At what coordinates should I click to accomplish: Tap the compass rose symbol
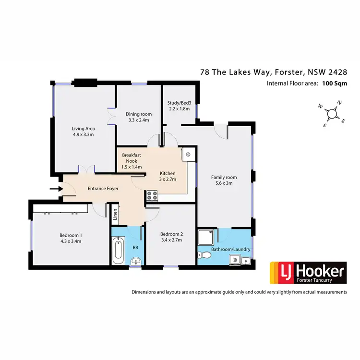[332, 114]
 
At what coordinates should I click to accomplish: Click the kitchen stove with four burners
[152, 195]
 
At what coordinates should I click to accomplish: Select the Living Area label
[83, 128]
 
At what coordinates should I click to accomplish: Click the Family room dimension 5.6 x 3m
[224, 183]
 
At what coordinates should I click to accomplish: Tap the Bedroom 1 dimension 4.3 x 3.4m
[71, 241]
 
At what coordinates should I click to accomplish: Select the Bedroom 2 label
[171, 234]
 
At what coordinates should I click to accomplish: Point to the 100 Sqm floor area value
[335, 84]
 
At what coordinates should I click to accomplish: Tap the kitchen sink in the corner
[189, 155]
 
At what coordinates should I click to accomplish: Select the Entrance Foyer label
[103, 189]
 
